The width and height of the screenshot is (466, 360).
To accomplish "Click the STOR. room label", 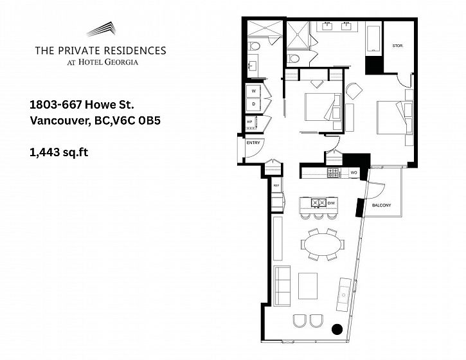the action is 397,46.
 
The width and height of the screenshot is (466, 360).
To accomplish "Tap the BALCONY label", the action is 381,206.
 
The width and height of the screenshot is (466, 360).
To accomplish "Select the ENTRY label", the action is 253,143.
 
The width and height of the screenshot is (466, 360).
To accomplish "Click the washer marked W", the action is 253,91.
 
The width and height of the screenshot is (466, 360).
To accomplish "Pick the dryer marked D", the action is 253,104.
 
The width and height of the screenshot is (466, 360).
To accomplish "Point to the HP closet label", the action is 249,122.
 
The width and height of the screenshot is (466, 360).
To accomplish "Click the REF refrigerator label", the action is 276,186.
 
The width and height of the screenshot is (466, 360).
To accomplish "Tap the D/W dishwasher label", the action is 331,203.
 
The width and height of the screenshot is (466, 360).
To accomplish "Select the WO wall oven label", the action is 354,173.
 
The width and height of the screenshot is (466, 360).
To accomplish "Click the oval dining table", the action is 323,245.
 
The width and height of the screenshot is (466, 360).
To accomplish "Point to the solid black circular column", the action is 337,328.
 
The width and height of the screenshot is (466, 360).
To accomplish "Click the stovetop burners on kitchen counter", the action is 333,173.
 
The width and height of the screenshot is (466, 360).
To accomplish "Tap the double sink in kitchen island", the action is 319,203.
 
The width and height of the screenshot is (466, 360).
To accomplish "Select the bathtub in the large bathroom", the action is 373,39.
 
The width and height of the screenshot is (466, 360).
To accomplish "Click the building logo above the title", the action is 101,29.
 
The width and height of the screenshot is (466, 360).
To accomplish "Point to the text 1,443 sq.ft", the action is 59,152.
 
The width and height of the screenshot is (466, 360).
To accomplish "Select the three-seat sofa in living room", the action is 282,286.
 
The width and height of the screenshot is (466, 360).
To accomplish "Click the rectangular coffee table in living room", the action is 308,286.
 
